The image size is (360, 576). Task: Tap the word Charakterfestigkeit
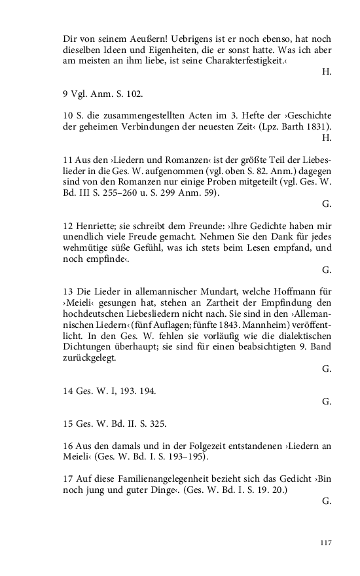(244, 60)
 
